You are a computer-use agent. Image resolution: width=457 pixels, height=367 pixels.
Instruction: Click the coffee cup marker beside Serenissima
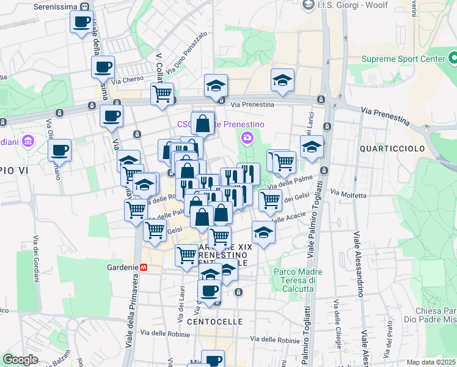[81, 23]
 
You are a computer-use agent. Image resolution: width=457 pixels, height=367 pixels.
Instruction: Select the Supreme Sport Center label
[403, 59]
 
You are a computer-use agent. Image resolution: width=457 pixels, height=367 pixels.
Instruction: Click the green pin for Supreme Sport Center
[453, 59]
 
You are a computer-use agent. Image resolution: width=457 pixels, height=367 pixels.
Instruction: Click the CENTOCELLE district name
[214, 321]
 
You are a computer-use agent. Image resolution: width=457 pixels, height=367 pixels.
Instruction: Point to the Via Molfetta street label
[348, 195]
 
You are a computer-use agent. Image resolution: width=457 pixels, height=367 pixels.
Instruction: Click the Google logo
[20, 360]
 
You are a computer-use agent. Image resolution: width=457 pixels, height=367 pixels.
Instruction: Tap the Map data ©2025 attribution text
[431, 362]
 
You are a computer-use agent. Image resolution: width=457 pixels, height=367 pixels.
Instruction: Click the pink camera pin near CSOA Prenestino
[247, 137]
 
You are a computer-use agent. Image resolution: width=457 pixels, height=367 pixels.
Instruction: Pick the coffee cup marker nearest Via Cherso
[103, 67]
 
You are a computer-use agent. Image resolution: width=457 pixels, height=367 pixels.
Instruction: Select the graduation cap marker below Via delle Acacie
[263, 233]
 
